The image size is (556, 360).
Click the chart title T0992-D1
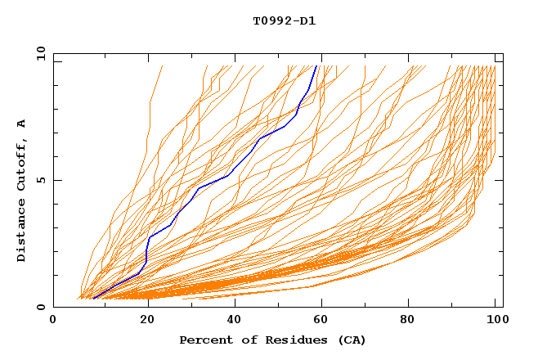[x=284, y=20]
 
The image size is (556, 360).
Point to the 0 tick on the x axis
[x=54, y=321]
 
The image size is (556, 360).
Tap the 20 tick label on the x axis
[x=142, y=321]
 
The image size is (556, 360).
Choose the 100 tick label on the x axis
[x=495, y=321]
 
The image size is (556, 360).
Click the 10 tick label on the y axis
[x=40, y=54]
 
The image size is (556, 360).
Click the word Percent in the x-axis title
[x=202, y=340]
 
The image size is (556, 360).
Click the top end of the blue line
[x=316, y=66]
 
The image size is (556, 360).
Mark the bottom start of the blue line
[x=93, y=299]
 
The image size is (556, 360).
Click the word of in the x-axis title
[x=244, y=340]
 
